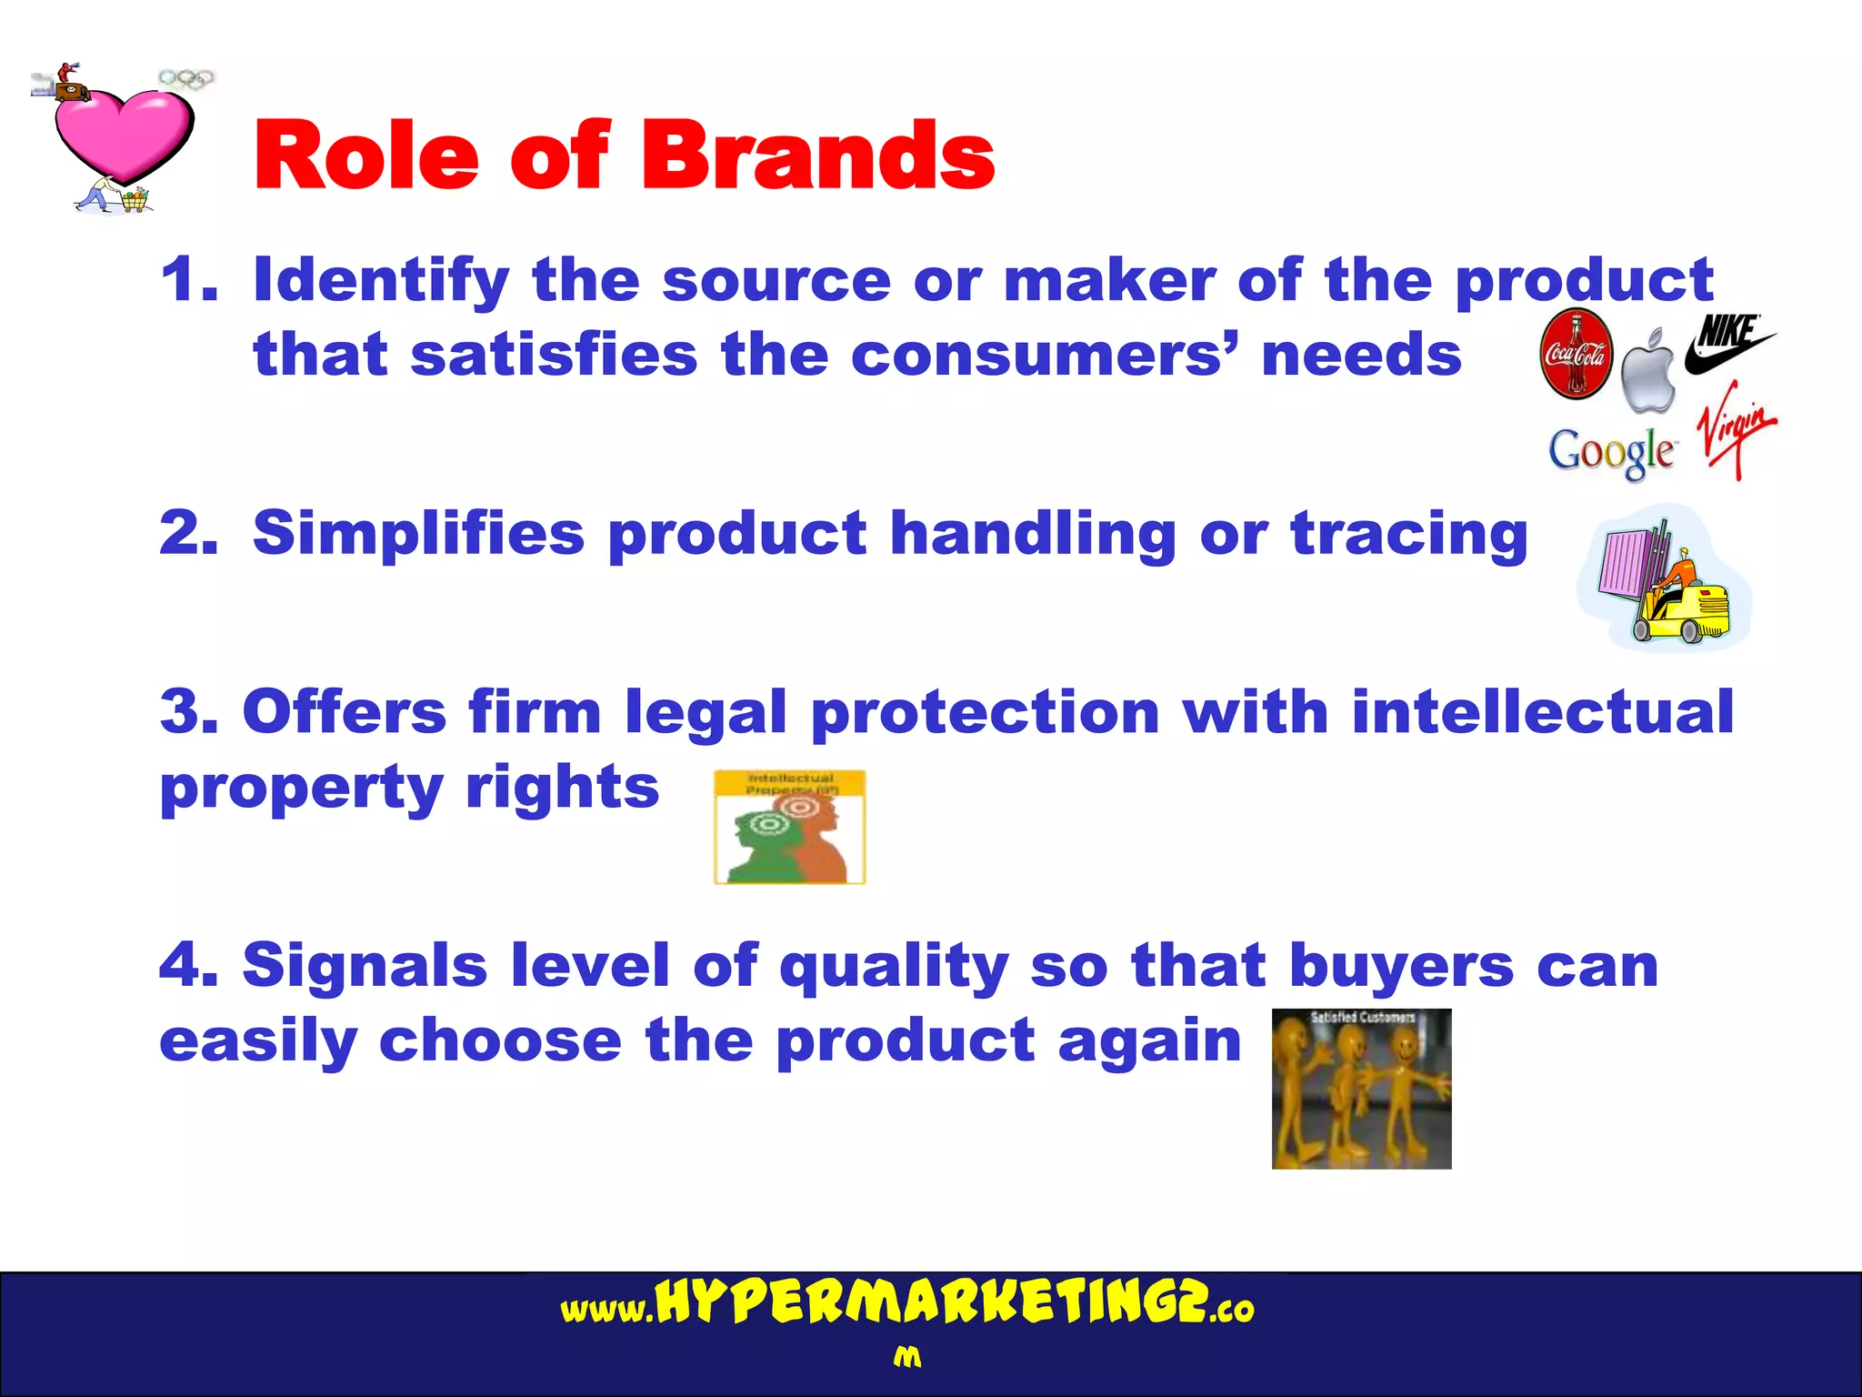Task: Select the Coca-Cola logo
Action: tap(1577, 354)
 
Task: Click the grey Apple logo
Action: tap(1648, 372)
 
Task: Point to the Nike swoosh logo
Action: tap(1729, 344)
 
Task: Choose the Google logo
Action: tap(1611, 452)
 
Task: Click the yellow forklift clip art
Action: tap(1664, 580)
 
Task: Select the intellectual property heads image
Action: tap(789, 828)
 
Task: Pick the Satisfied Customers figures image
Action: tap(1361, 1089)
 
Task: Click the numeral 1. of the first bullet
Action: tap(189, 279)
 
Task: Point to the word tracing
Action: tap(1409, 535)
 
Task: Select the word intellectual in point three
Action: tap(1543, 711)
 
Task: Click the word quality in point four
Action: tap(894, 967)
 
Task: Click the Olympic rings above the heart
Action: tap(186, 79)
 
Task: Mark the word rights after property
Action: tap(562, 789)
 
